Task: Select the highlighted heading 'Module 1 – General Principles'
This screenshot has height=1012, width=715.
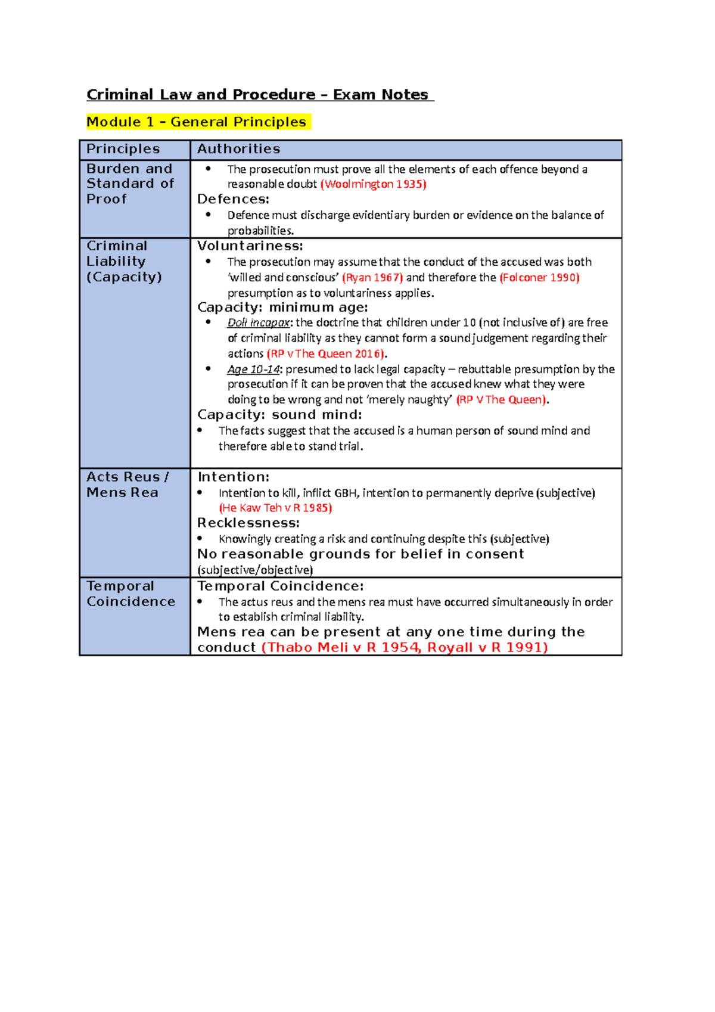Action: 197,122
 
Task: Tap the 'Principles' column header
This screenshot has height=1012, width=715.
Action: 123,149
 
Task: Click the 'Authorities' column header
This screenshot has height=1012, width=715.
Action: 238,149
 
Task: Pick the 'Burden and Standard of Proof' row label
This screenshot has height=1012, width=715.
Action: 130,184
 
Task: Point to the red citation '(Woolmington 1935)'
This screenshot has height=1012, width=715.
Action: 374,184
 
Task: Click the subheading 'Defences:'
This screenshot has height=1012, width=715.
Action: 233,199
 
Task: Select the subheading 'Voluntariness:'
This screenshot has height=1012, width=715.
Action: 250,246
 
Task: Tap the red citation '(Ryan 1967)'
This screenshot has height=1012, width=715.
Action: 372,277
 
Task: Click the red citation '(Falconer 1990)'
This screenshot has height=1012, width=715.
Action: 539,277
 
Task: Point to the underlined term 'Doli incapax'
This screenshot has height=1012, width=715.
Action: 258,322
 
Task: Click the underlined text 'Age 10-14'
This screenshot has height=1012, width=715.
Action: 253,369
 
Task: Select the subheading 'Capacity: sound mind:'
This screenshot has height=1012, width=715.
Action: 279,415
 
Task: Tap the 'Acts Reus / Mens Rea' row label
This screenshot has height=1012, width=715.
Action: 127,485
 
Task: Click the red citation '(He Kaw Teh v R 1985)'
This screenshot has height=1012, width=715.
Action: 275,508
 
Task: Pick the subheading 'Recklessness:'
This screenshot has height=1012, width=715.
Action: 248,523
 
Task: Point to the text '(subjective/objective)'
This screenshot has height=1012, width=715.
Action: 255,570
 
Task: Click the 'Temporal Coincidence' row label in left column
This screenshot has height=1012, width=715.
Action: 131,594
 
